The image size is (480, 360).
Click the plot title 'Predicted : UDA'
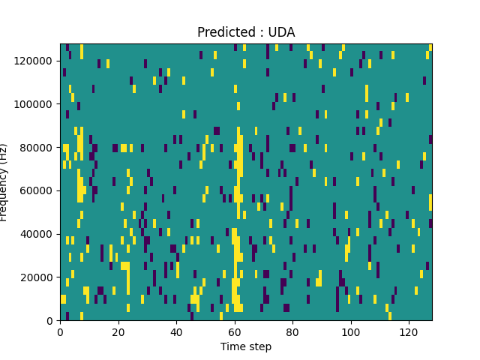tap(246, 32)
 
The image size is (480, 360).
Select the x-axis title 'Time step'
tap(246, 346)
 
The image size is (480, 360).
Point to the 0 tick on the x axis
tap(61, 332)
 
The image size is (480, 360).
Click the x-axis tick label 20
tap(118, 332)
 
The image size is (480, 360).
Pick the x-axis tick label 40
tap(176, 332)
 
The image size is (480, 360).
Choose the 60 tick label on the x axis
tap(235, 332)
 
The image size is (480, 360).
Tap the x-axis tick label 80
tap(292, 332)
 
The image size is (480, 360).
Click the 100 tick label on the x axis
tap(350, 332)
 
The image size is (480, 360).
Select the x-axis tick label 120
tap(409, 332)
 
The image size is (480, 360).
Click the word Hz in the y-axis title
tap(4, 151)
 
